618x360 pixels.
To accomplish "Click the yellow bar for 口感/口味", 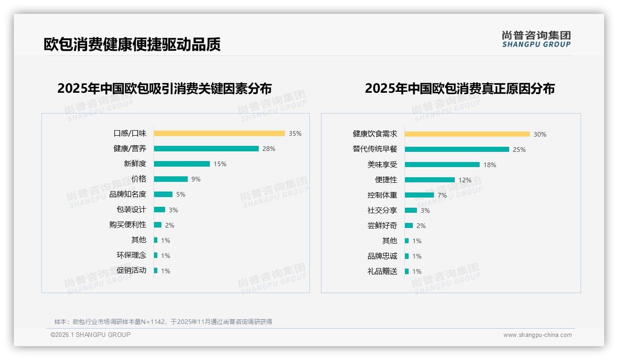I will (x=219, y=133).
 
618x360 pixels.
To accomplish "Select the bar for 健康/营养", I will (x=206, y=149).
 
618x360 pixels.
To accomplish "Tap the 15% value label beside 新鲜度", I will (x=220, y=164).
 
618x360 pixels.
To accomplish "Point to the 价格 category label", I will (x=139, y=179).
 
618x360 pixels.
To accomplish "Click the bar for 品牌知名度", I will (x=163, y=194).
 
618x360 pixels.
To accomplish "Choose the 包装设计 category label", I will (x=131, y=210).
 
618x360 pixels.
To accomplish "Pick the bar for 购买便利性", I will (x=158, y=225).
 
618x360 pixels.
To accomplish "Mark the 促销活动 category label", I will (x=131, y=270).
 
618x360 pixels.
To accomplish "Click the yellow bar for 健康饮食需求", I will (x=467, y=134).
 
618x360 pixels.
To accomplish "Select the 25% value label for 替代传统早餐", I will (x=519, y=150).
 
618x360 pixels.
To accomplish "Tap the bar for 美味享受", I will (x=442, y=165).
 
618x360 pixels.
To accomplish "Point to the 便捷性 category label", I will (x=386, y=180).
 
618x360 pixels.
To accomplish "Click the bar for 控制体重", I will (x=419, y=195).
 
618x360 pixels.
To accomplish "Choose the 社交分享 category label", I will (x=382, y=210).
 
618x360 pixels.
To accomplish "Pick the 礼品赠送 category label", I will (x=382, y=271).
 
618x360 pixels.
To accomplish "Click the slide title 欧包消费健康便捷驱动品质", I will (x=132, y=44).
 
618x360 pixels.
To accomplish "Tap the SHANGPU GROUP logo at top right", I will (x=536, y=39).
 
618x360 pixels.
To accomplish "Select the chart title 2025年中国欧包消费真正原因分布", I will (x=460, y=89).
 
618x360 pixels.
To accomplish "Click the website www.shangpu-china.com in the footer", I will (x=537, y=335).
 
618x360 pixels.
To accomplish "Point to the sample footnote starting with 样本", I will (x=163, y=322).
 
